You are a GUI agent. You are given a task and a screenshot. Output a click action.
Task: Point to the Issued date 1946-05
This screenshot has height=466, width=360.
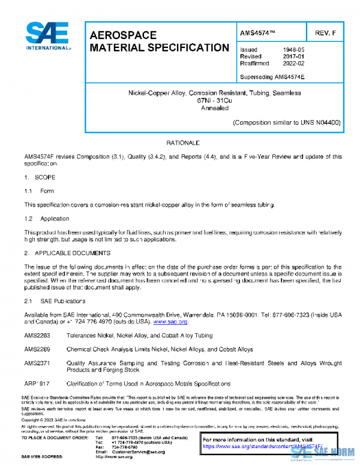tap(293, 50)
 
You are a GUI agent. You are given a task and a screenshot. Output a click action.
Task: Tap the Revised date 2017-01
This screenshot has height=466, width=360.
tap(293, 56)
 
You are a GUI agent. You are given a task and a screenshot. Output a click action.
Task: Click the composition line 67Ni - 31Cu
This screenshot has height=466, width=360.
tap(214, 101)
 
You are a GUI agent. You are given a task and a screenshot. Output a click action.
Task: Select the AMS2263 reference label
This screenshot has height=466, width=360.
tap(37, 337)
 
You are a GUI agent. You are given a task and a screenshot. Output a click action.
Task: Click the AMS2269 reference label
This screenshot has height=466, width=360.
tap(37, 350)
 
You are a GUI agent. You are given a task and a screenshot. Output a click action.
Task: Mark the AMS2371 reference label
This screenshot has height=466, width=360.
tap(37, 363)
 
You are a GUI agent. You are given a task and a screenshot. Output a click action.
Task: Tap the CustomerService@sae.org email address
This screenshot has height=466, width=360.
tap(137, 452)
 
